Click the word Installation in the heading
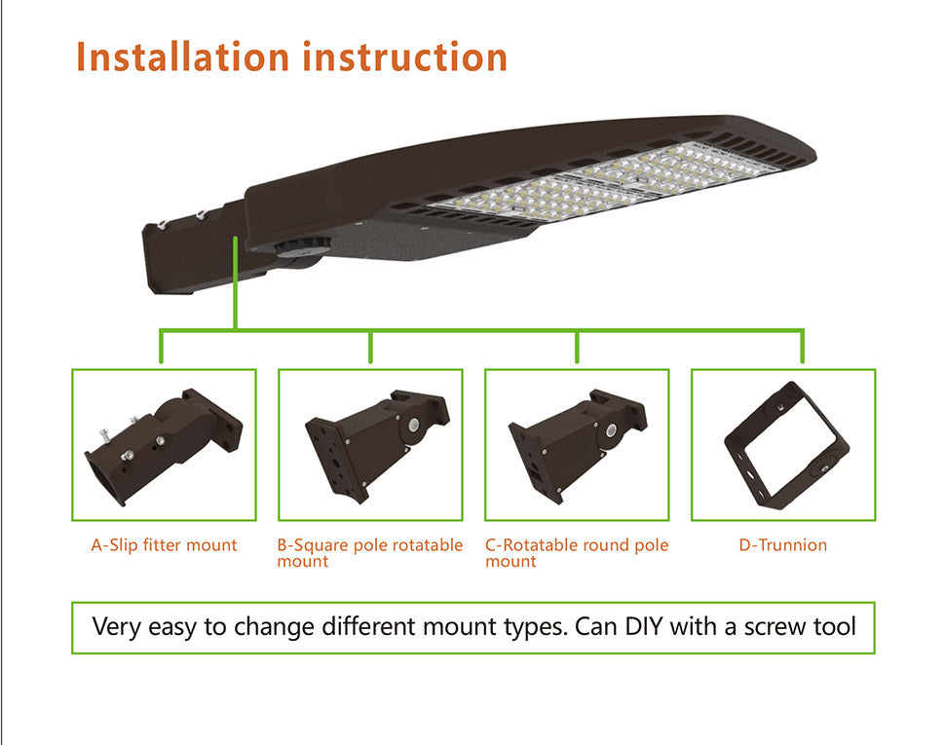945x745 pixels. (x=182, y=57)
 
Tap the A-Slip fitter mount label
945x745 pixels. (x=164, y=545)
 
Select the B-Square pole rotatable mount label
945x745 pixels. (x=369, y=553)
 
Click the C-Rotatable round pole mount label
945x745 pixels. (x=577, y=553)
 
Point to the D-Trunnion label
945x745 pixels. (x=783, y=545)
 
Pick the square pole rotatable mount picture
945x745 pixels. (x=378, y=446)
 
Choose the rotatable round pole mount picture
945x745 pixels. (x=578, y=446)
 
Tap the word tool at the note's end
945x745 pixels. (x=835, y=626)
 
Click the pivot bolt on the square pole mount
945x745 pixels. (x=414, y=426)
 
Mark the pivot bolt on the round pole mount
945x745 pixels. (x=611, y=430)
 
